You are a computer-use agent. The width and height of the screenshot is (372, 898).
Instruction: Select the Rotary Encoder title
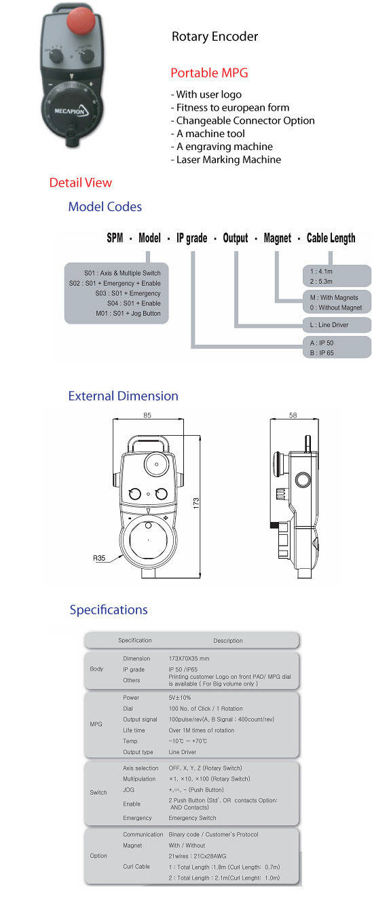(215, 37)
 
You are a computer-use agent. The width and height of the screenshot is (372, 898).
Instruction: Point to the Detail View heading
(80, 183)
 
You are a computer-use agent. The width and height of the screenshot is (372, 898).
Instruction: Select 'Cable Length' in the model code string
(331, 238)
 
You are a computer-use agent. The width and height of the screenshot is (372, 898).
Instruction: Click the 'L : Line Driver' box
(333, 325)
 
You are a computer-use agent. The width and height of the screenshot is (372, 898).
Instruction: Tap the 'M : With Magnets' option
(333, 297)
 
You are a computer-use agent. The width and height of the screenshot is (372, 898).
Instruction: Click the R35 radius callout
(100, 559)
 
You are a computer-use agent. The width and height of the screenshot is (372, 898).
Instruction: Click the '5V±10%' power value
(181, 698)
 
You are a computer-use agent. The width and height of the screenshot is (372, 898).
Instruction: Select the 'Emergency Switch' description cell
(193, 818)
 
